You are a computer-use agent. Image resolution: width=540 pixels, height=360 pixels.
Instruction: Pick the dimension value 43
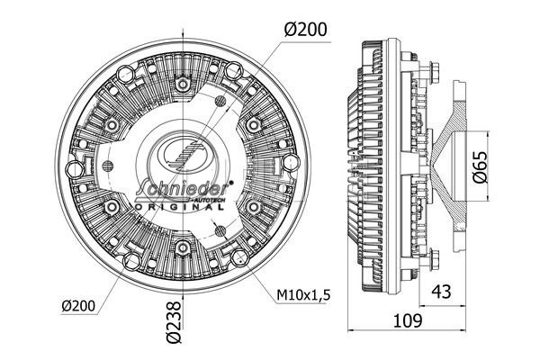click(441, 290)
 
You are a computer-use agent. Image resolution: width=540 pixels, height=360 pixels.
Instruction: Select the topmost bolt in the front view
click(184, 85)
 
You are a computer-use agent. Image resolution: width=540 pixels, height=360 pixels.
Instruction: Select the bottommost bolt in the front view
click(184, 246)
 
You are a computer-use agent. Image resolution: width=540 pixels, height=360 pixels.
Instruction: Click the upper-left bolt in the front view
click(114, 124)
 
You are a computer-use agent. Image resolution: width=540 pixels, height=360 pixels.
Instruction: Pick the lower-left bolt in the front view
click(114, 206)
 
